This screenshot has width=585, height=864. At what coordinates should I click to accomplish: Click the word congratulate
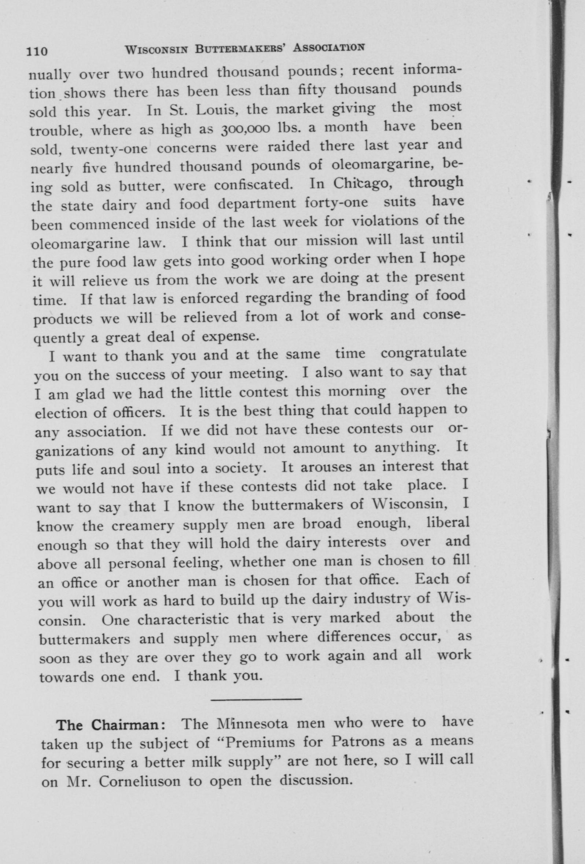tap(423, 353)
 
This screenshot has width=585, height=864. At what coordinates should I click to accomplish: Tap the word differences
tap(354, 637)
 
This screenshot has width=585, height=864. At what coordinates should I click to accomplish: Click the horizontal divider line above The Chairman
tap(256, 700)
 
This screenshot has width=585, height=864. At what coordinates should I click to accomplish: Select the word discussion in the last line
tap(316, 780)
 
